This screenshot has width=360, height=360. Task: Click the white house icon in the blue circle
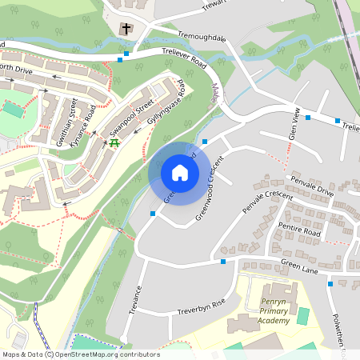point(180,172)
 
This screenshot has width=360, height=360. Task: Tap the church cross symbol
point(126,29)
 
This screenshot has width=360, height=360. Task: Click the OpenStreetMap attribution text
point(80,354)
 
